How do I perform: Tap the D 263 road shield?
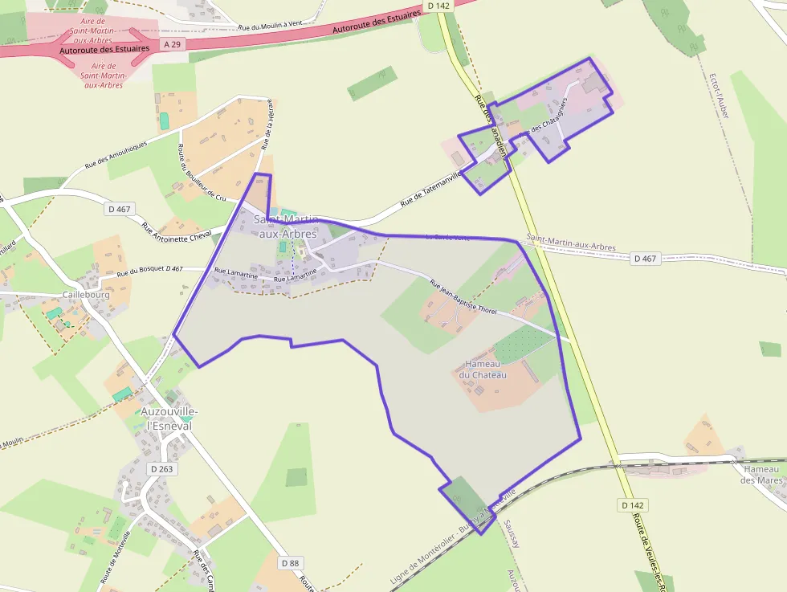pos(161,468)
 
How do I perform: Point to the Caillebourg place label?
pos(86,295)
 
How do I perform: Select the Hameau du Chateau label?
pos(483,369)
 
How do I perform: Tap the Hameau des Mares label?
pos(762,474)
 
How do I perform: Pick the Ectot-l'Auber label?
pos(718,97)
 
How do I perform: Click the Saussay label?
pos(512,533)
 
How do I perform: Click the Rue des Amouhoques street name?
pos(116,156)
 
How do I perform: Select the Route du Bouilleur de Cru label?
pos(202,171)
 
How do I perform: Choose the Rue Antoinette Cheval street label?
pos(176,231)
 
